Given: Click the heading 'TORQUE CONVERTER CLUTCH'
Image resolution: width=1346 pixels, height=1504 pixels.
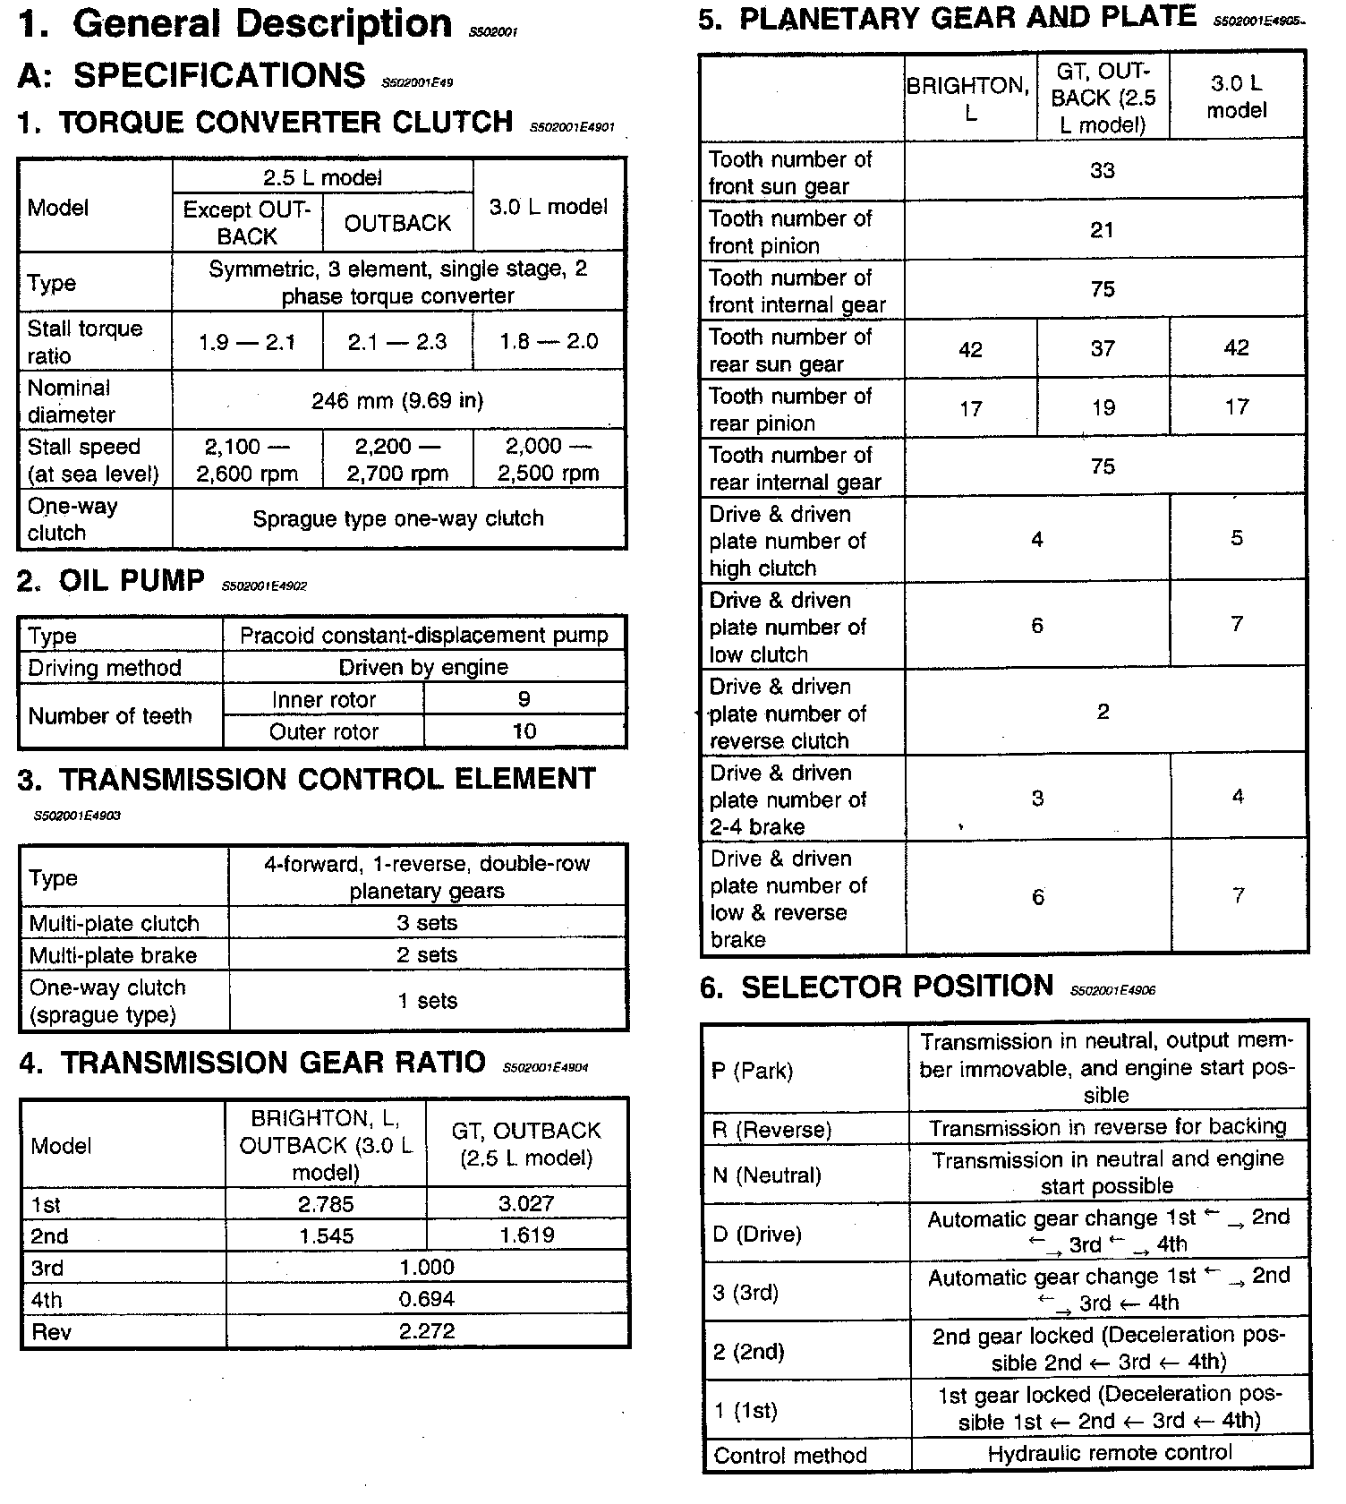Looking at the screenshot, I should click(285, 122).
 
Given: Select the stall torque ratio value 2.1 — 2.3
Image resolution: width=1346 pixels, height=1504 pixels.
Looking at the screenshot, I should click(397, 342).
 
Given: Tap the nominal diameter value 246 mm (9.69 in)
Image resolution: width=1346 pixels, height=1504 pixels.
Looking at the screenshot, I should click(397, 401).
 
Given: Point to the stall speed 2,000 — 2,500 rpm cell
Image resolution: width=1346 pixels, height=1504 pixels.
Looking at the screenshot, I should click(548, 460).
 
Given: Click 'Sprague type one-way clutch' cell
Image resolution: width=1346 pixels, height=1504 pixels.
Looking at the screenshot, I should click(397, 519).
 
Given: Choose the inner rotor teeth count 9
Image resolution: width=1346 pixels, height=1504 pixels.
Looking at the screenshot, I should click(524, 699).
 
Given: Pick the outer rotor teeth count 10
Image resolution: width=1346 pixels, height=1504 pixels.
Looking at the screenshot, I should click(524, 731).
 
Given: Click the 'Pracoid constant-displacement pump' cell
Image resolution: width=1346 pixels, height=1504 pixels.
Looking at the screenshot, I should click(424, 636).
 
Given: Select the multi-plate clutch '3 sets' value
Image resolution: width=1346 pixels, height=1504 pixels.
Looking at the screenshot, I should click(427, 923).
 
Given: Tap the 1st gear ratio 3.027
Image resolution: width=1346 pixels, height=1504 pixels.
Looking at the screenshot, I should click(526, 1204).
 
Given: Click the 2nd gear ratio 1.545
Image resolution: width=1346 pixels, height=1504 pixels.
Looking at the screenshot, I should click(326, 1236).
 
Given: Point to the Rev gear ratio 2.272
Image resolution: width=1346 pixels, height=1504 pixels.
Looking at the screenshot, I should click(427, 1331).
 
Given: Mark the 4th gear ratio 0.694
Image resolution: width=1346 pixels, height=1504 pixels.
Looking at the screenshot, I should click(427, 1299).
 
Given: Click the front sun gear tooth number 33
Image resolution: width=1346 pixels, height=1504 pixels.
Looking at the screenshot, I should click(1103, 171).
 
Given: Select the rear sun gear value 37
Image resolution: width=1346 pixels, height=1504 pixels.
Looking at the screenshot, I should click(1103, 348).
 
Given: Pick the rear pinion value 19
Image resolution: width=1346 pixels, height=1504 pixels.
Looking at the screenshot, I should click(1103, 407).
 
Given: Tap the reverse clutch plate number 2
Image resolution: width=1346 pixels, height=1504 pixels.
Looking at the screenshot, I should click(1103, 712).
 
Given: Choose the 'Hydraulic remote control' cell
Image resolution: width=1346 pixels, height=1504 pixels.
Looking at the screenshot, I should click(1110, 1454).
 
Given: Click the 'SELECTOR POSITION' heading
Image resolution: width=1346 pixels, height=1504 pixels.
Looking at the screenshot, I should click(897, 987).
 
